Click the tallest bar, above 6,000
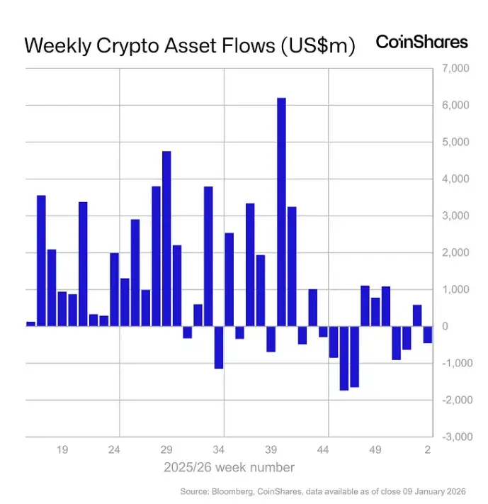[x=281, y=212]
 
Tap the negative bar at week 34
[x=219, y=347]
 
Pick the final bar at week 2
[x=428, y=335]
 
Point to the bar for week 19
[x=62, y=309]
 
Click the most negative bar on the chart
[x=344, y=358]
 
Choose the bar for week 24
[x=114, y=289]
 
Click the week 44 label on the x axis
[x=323, y=450]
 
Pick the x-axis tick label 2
[x=428, y=450]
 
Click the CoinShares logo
[x=421, y=42]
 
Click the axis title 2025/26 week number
[x=229, y=467]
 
